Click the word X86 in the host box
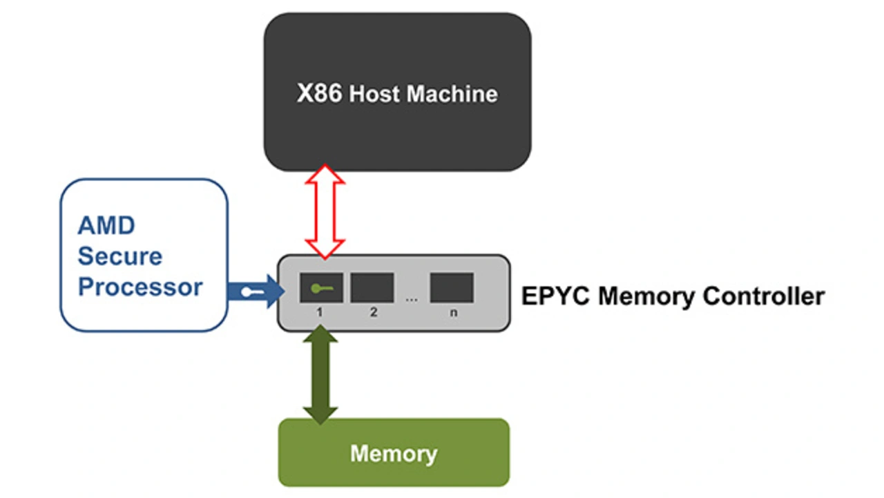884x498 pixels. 319,93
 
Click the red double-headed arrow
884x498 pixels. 325,211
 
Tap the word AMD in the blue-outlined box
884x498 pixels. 106,225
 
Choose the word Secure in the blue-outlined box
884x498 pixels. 120,256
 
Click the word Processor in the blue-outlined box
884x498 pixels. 140,287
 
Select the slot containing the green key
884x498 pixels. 321,287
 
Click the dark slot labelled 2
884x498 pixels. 372,287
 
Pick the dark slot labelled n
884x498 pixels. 452,287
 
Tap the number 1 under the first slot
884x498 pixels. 320,312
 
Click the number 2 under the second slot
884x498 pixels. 373,312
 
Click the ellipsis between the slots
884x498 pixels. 412,299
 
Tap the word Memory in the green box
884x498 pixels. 394,454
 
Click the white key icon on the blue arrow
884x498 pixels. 251,292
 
